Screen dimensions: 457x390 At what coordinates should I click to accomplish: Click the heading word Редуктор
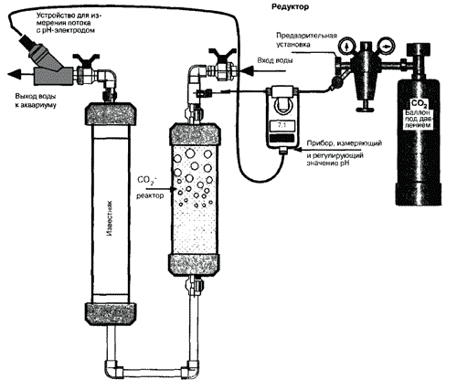pyautogui.click(x=290, y=6)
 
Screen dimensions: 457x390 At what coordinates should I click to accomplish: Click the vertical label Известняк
pyautogui.click(x=111, y=218)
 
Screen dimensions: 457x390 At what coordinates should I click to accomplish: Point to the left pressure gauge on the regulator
pyautogui.click(x=346, y=46)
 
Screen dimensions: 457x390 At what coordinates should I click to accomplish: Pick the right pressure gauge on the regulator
pyautogui.click(x=386, y=46)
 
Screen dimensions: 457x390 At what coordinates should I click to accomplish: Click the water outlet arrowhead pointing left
pyautogui.click(x=15, y=74)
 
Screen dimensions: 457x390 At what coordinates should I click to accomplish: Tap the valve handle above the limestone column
pyautogui.click(x=86, y=58)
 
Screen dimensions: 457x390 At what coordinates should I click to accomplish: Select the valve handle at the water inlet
pyautogui.click(x=223, y=54)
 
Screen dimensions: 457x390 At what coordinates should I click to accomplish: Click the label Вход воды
pyautogui.click(x=275, y=60)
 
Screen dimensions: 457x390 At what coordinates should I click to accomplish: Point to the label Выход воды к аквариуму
pyautogui.click(x=35, y=100)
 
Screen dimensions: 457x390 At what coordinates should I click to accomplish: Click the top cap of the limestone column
pyautogui.click(x=110, y=114)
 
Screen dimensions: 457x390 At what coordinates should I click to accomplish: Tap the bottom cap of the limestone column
pyautogui.click(x=110, y=314)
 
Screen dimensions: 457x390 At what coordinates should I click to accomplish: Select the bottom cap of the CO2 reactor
pyautogui.click(x=194, y=264)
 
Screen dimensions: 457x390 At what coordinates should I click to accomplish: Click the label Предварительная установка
pyautogui.click(x=306, y=40)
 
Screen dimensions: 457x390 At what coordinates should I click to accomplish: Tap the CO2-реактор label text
pyautogui.click(x=150, y=187)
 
